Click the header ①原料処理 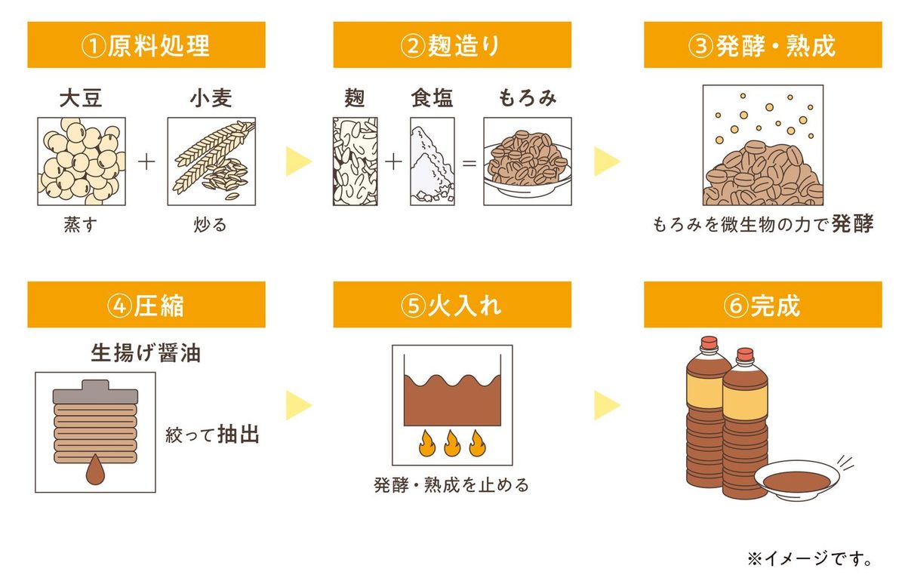pos(146,45)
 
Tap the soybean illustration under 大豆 pos(82,161)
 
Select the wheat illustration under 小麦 pos(211,161)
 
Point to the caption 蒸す pos(81,225)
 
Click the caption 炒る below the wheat pos(211,225)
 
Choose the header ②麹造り pos(451,45)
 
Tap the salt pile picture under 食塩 pos(432,161)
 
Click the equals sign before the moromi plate pos(469,162)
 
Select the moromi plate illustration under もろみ pos(527,161)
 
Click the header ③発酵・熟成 pos(762,45)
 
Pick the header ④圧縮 pos(146,305)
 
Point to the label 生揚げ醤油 pos(146,352)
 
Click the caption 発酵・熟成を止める pos(451,484)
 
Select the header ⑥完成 pos(762,305)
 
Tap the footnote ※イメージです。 pos(810,559)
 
